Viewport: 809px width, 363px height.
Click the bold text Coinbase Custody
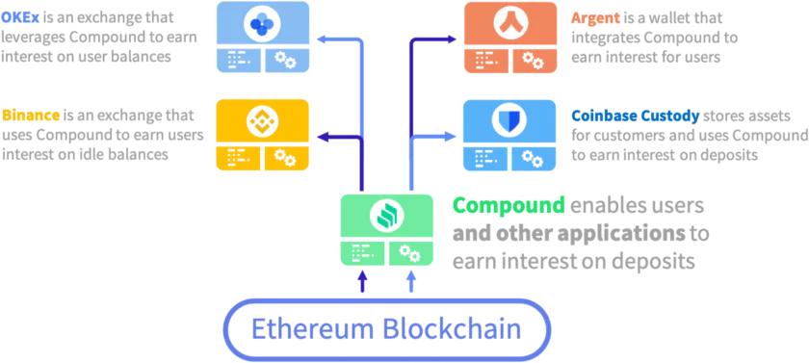pos(635,114)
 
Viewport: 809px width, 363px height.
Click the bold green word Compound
pos(509,205)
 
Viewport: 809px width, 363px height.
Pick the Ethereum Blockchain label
pos(385,328)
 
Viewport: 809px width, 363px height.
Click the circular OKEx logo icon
pos(263,23)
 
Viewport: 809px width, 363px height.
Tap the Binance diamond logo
pos(263,120)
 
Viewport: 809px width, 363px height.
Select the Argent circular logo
pos(510,23)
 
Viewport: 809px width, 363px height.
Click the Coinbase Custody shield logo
pos(510,120)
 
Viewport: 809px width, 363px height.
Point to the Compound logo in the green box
pos(386,217)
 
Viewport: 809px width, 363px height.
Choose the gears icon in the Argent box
pos(533,60)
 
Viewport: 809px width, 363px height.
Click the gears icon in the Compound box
pos(409,253)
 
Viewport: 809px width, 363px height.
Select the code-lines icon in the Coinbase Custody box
pos(486,157)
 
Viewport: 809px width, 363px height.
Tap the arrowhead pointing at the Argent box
pos(452,40)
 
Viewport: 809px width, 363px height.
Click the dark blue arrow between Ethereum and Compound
pos(362,280)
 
